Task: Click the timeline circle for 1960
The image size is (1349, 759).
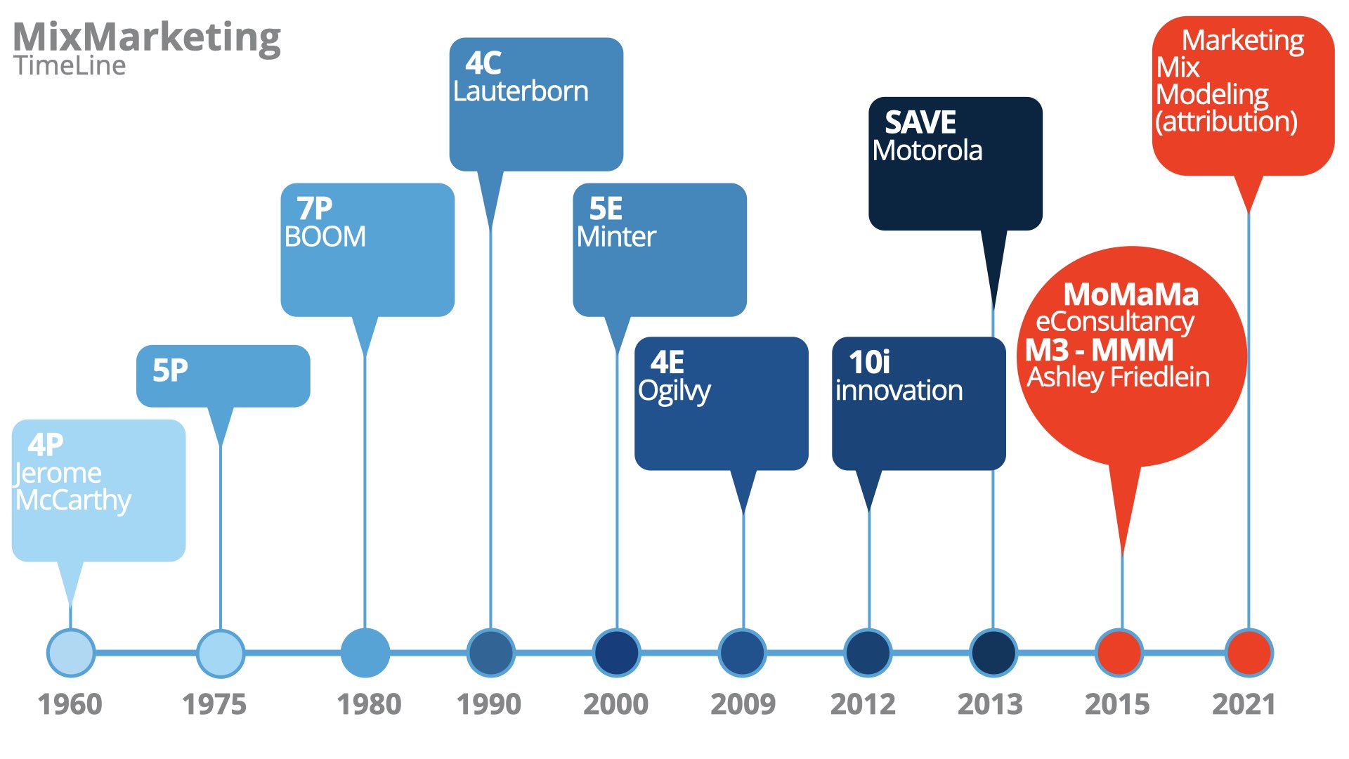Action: click(70, 653)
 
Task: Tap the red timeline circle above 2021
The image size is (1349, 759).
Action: click(1249, 653)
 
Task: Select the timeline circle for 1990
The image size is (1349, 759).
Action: click(490, 653)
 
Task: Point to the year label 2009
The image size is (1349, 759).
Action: click(743, 704)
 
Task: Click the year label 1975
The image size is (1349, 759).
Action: click(214, 704)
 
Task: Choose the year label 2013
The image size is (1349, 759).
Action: click(990, 704)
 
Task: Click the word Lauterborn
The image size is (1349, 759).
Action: click(521, 91)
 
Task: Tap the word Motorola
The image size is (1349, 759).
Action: click(927, 150)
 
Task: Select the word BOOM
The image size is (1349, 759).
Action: click(325, 237)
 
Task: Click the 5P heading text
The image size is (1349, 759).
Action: click(170, 370)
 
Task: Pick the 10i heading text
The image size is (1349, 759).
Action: click(869, 363)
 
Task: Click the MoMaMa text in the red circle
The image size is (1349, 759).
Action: click(1131, 294)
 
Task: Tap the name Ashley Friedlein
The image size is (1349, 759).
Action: click(1119, 377)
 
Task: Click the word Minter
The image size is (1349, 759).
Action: click(616, 237)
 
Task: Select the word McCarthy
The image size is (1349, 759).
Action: click(73, 501)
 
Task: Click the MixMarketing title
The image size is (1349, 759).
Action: click(147, 37)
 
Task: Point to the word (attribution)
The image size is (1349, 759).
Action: click(1226, 122)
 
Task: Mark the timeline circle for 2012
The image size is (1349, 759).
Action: click(868, 653)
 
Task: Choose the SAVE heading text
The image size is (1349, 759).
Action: click(920, 123)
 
